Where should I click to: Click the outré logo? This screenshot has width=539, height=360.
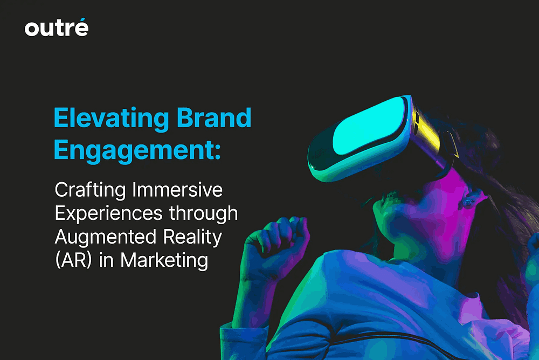57,27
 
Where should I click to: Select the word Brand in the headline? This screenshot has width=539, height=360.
214,117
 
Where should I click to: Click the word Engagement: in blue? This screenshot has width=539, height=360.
137,150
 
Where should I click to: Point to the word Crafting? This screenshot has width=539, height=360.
91,190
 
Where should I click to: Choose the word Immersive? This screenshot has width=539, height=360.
177,190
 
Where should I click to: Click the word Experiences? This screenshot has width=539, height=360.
109,214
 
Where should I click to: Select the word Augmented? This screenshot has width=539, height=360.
106,238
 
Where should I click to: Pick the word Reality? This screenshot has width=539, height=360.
192,238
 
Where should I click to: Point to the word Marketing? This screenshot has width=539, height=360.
164,261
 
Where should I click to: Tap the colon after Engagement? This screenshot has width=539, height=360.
217,151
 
